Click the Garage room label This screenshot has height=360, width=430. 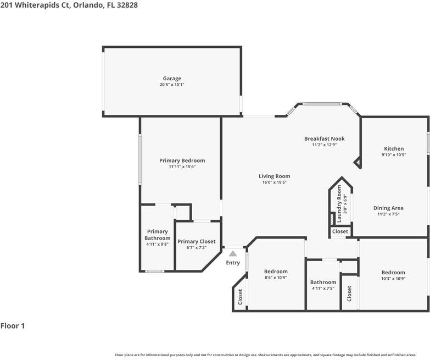pos(172,79)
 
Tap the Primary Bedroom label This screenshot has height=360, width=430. pos(182,160)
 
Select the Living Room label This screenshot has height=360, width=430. pos(275,176)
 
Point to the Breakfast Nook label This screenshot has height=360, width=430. pos(325,139)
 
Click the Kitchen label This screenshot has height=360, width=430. pos(394,148)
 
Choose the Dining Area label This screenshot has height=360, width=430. pos(388,208)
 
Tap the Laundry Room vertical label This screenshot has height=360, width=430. pos(339,204)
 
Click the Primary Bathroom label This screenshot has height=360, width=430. pos(158,235)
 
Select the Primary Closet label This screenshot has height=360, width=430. pos(197,241)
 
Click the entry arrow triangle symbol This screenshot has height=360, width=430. pos(233,253)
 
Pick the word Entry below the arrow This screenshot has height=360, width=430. pos(233,263)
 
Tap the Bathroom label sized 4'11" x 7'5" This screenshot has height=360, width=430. pos(323,283)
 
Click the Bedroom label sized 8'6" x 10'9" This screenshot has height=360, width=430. pos(276,272)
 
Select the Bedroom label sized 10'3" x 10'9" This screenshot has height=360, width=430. pos(393,273)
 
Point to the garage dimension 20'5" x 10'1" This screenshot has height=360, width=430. pos(172,85)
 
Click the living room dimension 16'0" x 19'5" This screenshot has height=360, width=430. pos(275,182)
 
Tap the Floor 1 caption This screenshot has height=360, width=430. pos(13,326)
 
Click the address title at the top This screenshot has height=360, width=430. pos(69,5)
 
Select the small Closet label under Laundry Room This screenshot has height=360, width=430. pos(340,232)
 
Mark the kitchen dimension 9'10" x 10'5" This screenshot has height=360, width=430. pos(394,155)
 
